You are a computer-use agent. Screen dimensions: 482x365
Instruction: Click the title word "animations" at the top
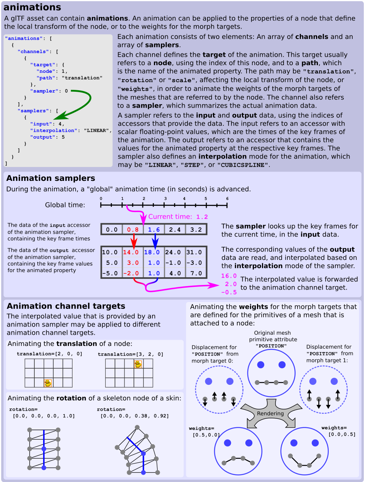[32, 7]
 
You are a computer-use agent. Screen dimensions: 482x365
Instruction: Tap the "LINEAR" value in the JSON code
[98, 130]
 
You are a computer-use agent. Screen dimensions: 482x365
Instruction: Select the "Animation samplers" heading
[51, 178]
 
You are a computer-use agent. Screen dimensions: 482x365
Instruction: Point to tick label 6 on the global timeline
[227, 199]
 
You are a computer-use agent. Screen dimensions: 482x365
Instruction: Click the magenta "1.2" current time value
[202, 217]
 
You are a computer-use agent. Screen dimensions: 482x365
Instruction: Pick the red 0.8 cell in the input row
[133, 230]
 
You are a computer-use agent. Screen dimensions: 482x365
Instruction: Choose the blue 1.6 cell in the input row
[154, 230]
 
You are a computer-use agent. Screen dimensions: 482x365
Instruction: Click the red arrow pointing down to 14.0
[133, 241]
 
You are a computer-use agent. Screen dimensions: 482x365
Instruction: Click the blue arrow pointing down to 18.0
[154, 241]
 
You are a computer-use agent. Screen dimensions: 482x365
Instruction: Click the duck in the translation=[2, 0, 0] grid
[48, 383]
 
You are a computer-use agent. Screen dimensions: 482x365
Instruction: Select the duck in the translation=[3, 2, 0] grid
[138, 364]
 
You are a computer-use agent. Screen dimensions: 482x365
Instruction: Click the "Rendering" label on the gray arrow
[271, 413]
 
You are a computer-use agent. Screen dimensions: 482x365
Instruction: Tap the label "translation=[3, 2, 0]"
[130, 354]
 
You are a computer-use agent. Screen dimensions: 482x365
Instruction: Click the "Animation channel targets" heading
[66, 306]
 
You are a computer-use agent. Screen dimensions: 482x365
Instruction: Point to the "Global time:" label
[65, 205]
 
